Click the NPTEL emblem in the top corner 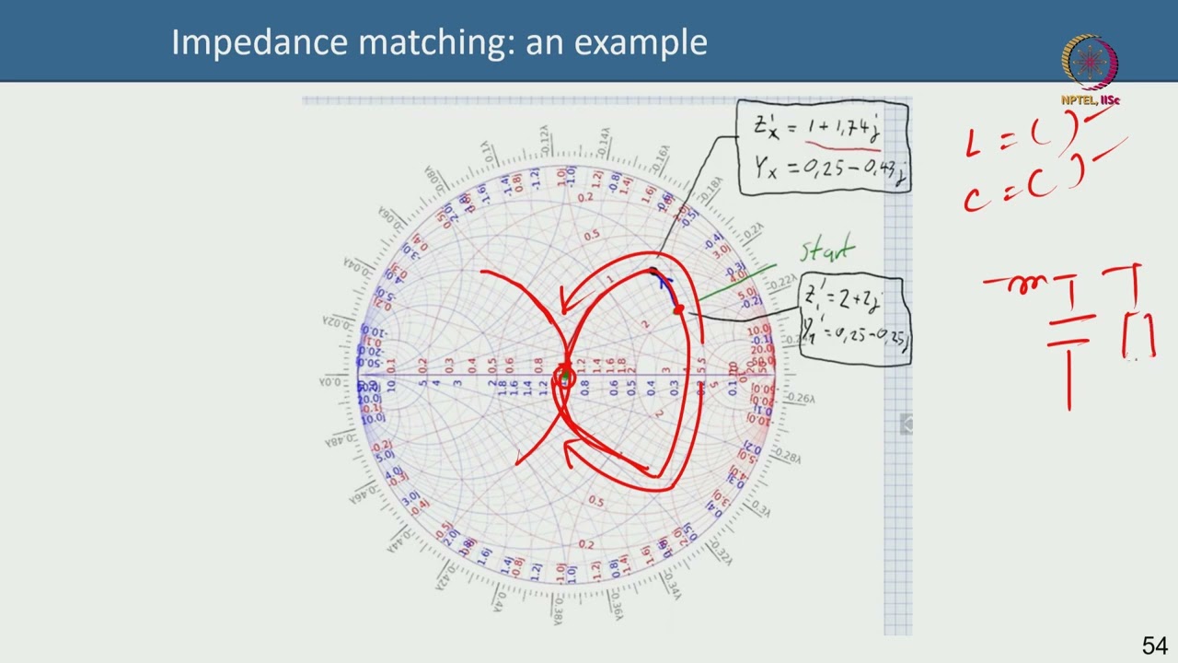pyautogui.click(x=1090, y=63)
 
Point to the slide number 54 pyautogui.click(x=1154, y=646)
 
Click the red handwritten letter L pyautogui.click(x=974, y=145)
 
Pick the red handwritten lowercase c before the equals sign pyautogui.click(x=974, y=197)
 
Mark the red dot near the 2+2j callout pyautogui.click(x=679, y=310)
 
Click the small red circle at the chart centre pyautogui.click(x=564, y=376)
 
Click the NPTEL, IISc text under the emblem pyautogui.click(x=1090, y=99)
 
